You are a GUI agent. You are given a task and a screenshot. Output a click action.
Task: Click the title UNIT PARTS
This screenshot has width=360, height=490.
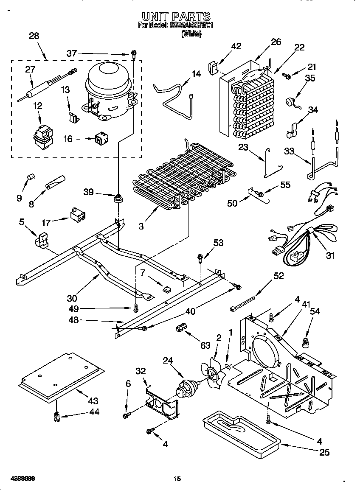tap(176, 17)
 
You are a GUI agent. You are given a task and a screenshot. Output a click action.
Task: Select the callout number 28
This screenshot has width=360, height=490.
tap(34, 36)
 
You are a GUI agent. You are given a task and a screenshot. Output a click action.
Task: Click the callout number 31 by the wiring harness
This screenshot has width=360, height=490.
tap(330, 255)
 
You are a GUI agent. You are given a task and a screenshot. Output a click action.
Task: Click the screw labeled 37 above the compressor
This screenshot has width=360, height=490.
tap(134, 54)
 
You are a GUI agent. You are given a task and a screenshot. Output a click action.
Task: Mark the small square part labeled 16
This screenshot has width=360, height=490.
tap(100, 138)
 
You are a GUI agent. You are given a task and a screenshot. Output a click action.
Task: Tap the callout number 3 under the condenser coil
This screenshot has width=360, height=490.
tap(141, 227)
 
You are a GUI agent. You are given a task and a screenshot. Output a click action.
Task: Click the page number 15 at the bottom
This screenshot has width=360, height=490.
tap(177, 479)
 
